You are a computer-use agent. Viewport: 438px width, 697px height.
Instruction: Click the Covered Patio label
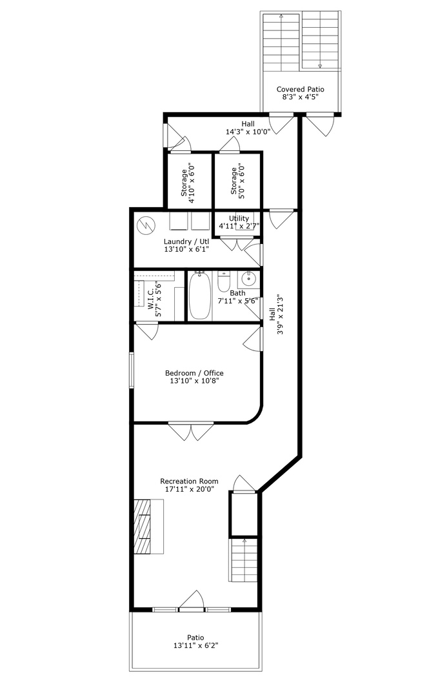(x=300, y=90)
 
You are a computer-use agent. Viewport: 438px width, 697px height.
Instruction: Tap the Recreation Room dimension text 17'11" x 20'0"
(x=189, y=490)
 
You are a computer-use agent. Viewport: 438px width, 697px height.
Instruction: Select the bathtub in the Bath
(x=199, y=296)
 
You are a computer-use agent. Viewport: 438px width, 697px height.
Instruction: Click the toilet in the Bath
(x=224, y=283)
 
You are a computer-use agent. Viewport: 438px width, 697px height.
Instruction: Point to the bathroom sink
(x=248, y=279)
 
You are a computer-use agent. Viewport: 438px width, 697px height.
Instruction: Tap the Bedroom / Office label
(x=194, y=373)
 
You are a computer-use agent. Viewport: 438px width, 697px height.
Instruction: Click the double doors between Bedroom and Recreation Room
(x=191, y=430)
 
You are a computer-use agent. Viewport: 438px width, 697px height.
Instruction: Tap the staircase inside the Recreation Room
(x=244, y=560)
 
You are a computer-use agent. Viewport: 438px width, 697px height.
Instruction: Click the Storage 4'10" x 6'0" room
(x=188, y=181)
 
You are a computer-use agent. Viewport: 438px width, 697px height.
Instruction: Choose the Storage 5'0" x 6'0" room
(x=237, y=181)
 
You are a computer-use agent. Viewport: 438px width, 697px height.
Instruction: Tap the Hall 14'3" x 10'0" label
(x=248, y=128)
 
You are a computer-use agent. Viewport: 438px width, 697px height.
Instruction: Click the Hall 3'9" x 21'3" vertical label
(x=275, y=315)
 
